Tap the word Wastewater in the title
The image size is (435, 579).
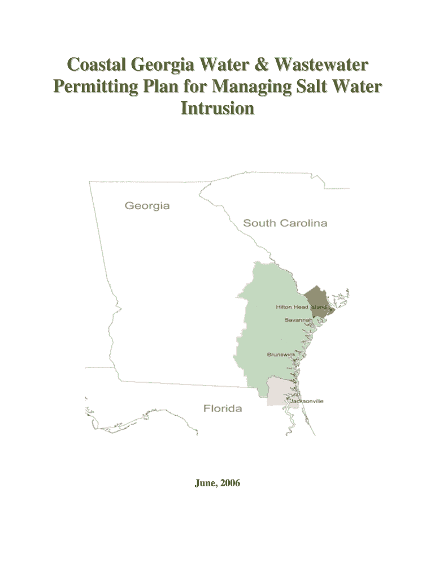pos(320,66)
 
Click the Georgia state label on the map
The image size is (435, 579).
pos(147,206)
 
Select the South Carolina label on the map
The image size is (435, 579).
pos(285,223)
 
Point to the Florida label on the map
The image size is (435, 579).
pos(222,408)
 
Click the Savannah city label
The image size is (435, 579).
pos(298,319)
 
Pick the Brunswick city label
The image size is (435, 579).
pos(281,355)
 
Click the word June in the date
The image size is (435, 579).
pos(206,483)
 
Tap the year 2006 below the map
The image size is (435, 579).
pos(230,483)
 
